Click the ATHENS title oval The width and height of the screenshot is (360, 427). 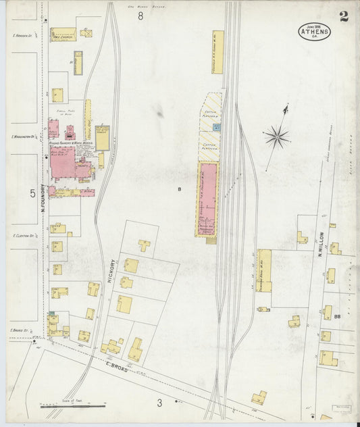314,31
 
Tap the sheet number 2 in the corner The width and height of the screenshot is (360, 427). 344,18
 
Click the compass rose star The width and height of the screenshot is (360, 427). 277,137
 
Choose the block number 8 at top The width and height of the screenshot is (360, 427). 140,16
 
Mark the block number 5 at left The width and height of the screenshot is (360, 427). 32,193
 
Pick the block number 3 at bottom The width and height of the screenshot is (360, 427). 160,403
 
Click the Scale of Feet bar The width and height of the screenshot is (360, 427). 73,406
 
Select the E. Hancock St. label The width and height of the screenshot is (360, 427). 22,34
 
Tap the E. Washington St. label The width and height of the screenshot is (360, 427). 22,137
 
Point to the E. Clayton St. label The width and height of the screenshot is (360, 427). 23,236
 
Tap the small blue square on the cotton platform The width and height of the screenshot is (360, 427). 216,127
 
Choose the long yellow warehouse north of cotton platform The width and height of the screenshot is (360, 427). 217,51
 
